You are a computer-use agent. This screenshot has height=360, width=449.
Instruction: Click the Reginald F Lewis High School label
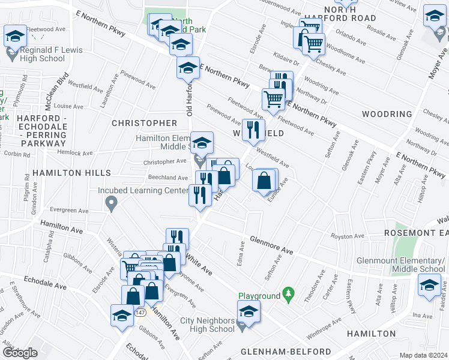[x=45, y=53]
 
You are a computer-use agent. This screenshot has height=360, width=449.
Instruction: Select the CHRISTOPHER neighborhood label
[x=144, y=123]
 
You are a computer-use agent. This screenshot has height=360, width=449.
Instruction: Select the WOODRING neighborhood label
[x=387, y=114]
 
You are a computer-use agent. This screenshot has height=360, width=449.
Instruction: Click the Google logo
[x=20, y=352]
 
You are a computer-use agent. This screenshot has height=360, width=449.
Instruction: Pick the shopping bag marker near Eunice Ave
[x=264, y=179]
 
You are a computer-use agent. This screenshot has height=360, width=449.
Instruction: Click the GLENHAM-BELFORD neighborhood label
[x=285, y=351]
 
